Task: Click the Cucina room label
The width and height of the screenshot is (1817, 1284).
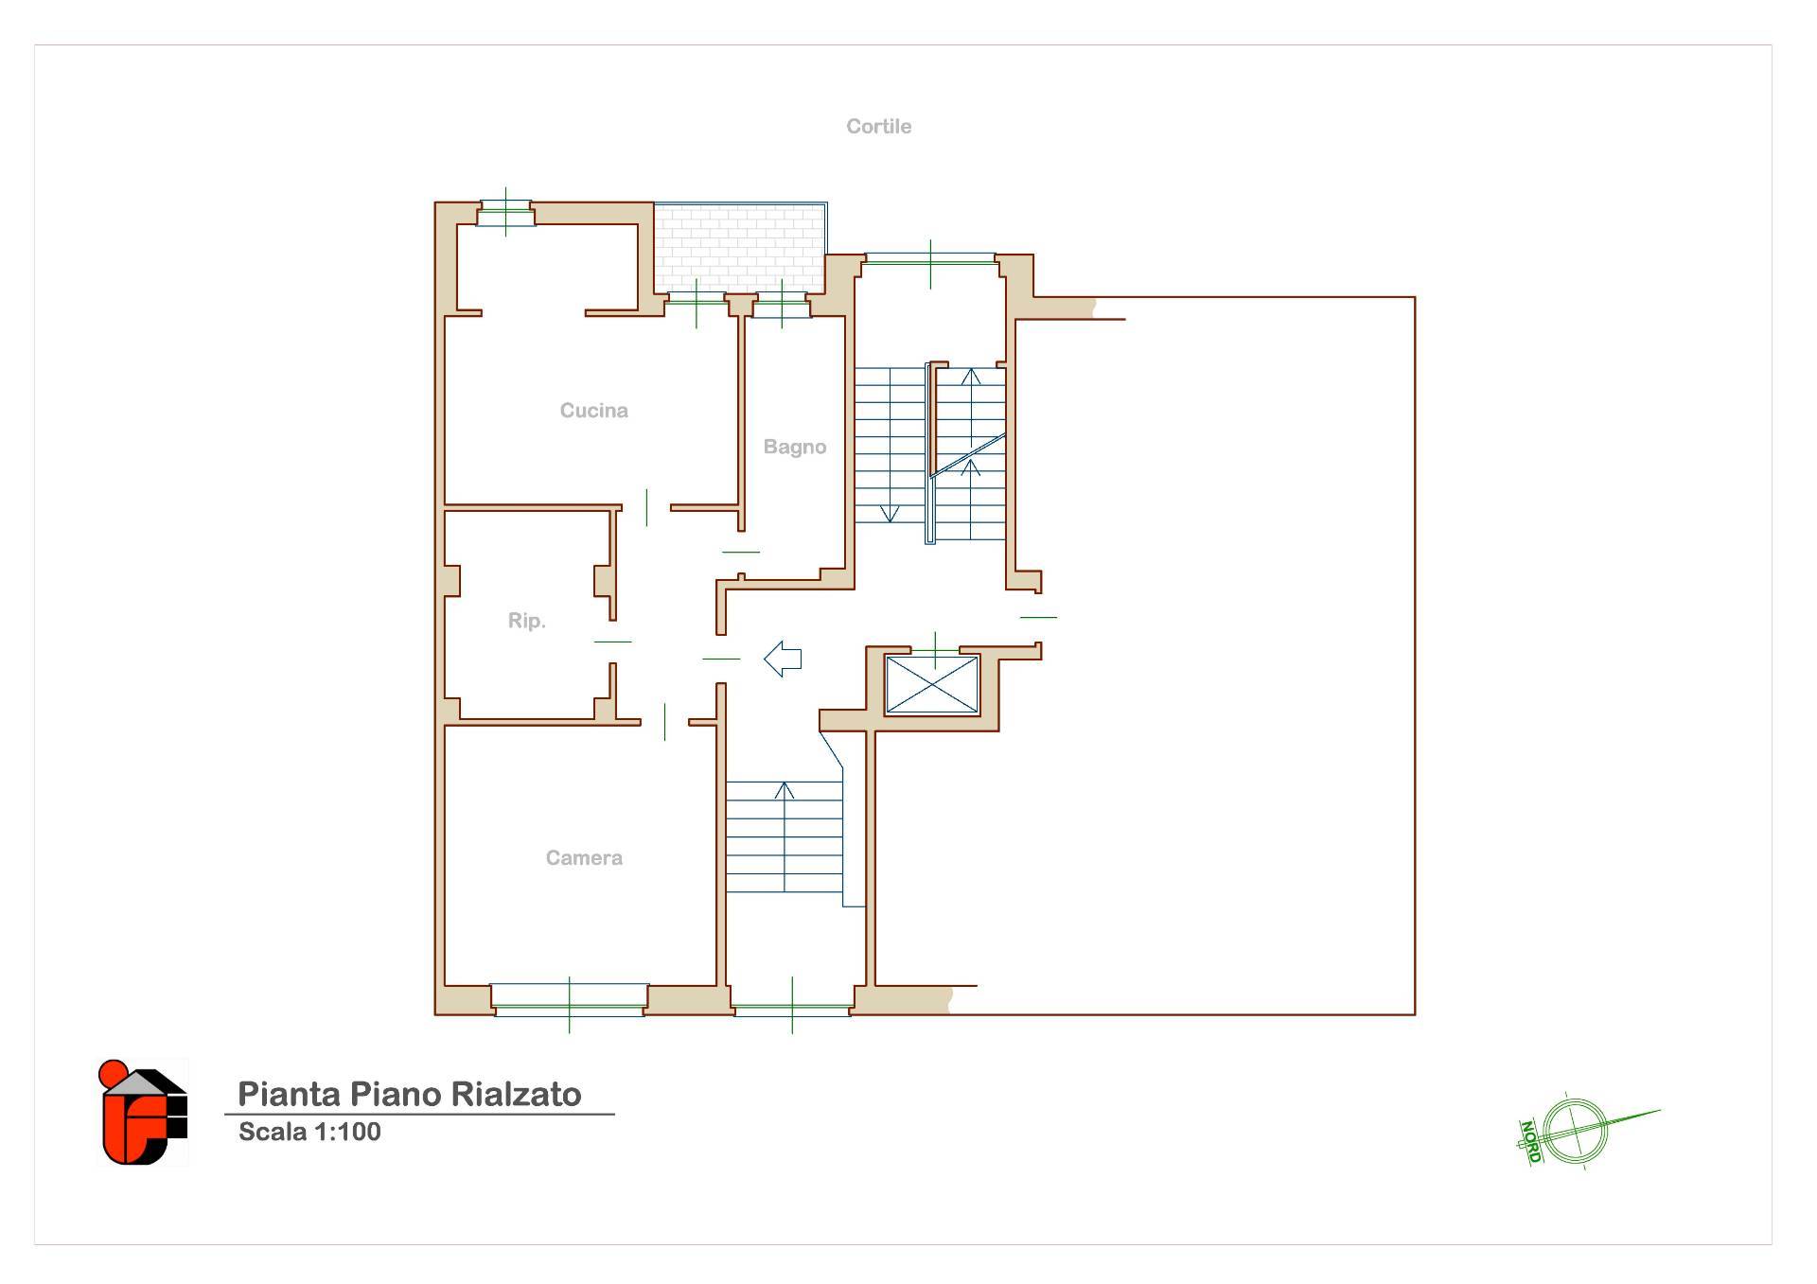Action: (x=593, y=411)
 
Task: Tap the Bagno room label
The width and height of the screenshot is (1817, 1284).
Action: (x=795, y=447)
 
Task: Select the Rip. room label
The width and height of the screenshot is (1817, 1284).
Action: (x=526, y=621)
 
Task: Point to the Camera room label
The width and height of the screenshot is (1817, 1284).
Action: (x=584, y=858)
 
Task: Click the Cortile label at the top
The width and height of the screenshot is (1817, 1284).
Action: (x=878, y=126)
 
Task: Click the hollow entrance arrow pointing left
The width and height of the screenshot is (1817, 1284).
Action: (x=783, y=659)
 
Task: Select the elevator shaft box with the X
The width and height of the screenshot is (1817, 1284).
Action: (x=931, y=684)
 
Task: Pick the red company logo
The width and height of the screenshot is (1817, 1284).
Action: (x=144, y=1113)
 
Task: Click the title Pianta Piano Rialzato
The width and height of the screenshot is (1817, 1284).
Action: (x=409, y=1094)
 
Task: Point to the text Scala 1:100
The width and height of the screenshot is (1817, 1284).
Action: (x=309, y=1132)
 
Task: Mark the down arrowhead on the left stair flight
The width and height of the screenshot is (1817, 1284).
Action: (x=890, y=514)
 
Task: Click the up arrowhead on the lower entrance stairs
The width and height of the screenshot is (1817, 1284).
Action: (x=785, y=790)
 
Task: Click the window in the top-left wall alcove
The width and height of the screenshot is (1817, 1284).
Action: (x=505, y=212)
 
